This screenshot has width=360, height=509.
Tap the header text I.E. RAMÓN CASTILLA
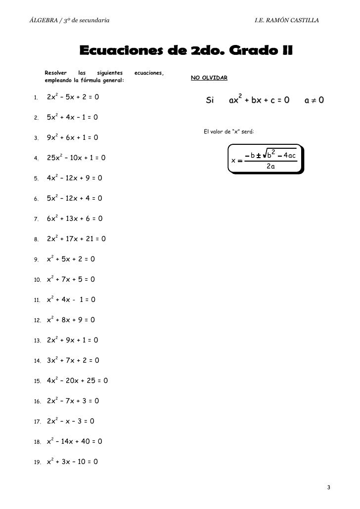pyautogui.click(x=286, y=20)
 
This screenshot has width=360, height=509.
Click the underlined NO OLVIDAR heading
pyautogui.click(x=209, y=79)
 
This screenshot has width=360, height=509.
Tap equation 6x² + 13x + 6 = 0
pyautogui.click(x=75, y=219)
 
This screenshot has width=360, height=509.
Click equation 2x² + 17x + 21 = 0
pyautogui.click(x=76, y=239)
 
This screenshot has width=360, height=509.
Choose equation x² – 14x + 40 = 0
pyautogui.click(x=75, y=441)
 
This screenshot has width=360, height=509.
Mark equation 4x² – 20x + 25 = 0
pyautogui.click(x=77, y=381)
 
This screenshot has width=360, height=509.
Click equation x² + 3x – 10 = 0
pyautogui.click(x=72, y=462)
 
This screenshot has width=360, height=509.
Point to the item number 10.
pyautogui.click(x=37, y=280)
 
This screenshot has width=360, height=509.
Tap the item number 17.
pyautogui.click(x=37, y=422)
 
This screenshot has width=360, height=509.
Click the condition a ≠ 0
pyautogui.click(x=315, y=101)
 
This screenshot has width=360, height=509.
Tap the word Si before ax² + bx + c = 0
pyautogui.click(x=210, y=101)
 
